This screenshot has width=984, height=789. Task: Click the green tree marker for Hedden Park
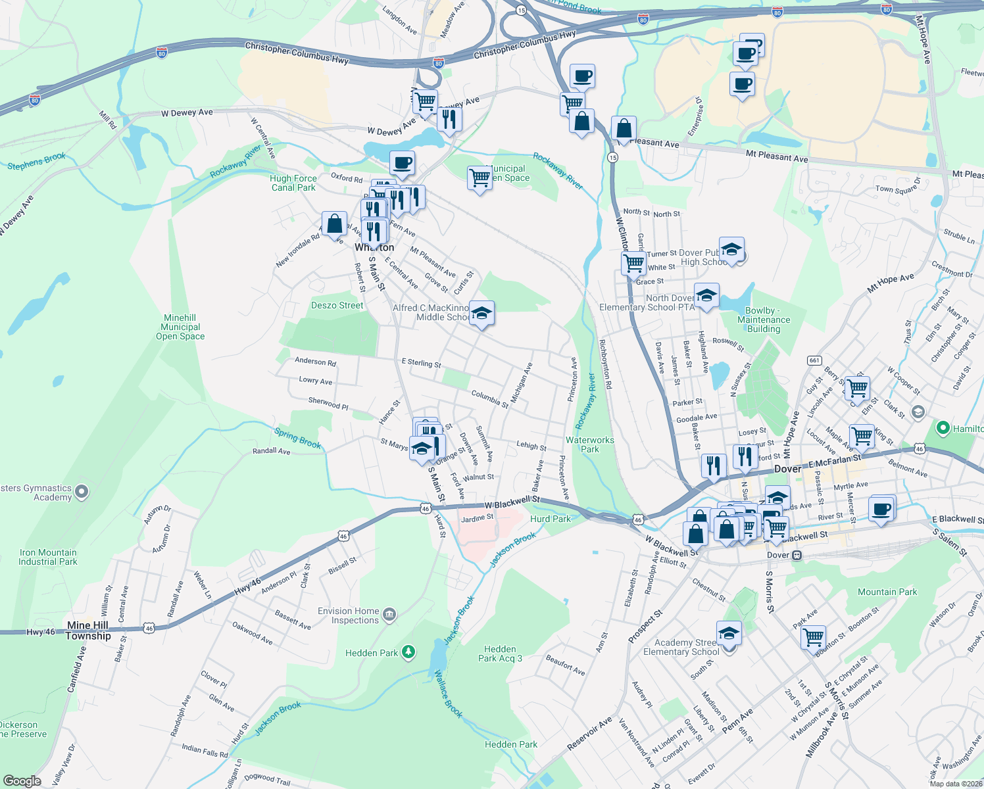point(408,652)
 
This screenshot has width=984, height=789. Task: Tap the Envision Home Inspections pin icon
point(389,615)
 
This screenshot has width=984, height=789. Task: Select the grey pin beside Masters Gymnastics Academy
point(82,492)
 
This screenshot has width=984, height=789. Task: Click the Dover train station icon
point(797,555)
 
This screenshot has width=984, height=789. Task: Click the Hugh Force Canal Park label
point(293,183)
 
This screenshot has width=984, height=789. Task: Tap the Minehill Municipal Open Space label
point(180,327)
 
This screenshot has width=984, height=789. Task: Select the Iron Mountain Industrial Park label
point(48,557)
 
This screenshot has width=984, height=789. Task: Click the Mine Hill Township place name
point(88,631)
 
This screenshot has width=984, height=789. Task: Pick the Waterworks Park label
point(590,444)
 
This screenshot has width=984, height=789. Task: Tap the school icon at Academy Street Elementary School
point(729,633)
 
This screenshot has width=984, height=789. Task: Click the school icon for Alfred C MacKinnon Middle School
point(481,314)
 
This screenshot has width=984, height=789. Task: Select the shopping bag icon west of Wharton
point(334,224)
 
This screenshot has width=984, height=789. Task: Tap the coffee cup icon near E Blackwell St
point(881,508)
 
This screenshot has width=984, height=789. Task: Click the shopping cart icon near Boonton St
point(814,636)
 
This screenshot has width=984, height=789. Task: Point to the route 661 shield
point(814,360)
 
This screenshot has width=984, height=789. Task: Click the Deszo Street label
point(337,305)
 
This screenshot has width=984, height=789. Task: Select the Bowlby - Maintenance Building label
point(764,320)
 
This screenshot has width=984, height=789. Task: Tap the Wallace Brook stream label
point(449,694)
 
